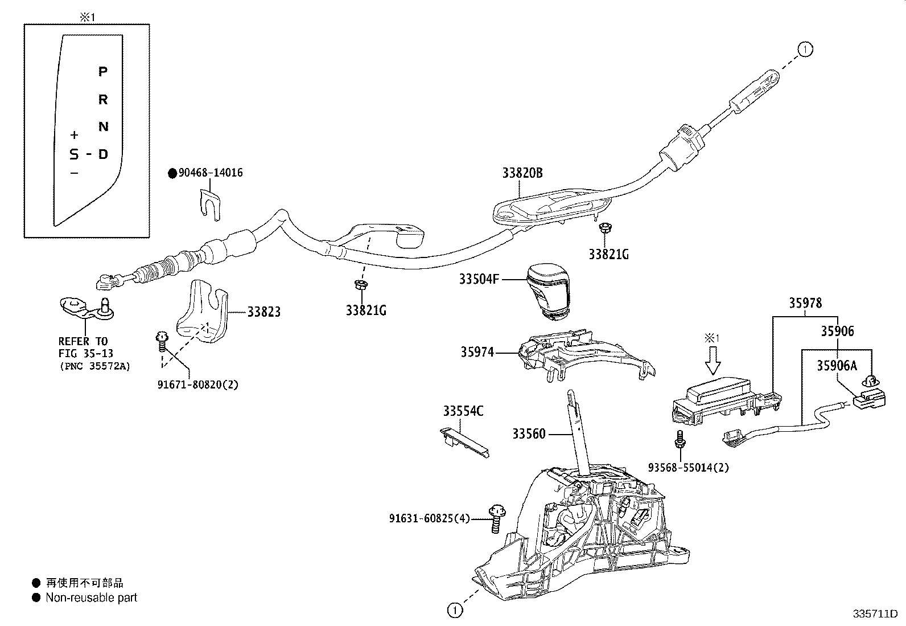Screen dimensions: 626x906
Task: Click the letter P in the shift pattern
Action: (103, 72)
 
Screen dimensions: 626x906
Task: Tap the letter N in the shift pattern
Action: (103, 126)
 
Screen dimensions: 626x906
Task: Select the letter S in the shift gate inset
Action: (74, 154)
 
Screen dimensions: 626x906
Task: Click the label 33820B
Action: (522, 173)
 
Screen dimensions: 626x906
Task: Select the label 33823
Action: (263, 312)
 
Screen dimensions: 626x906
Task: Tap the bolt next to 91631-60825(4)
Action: (496, 518)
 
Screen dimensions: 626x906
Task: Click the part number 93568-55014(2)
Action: (688, 468)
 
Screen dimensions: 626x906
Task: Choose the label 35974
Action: (477, 353)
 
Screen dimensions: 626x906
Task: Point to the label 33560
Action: (529, 434)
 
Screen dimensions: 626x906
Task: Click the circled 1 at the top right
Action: (805, 50)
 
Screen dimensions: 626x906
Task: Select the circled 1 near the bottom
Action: (454, 610)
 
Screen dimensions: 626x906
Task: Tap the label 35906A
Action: (837, 366)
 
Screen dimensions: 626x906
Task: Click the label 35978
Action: (805, 303)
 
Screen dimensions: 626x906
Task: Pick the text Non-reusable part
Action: (91, 598)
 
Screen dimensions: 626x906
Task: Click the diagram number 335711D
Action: (874, 614)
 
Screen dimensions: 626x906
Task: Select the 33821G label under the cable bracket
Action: (365, 310)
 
